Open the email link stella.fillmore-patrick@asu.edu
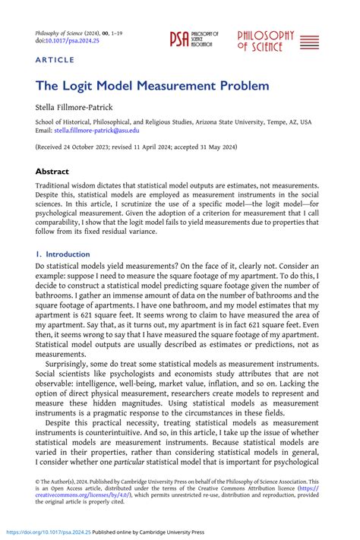[96, 131]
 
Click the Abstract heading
[55, 171]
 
